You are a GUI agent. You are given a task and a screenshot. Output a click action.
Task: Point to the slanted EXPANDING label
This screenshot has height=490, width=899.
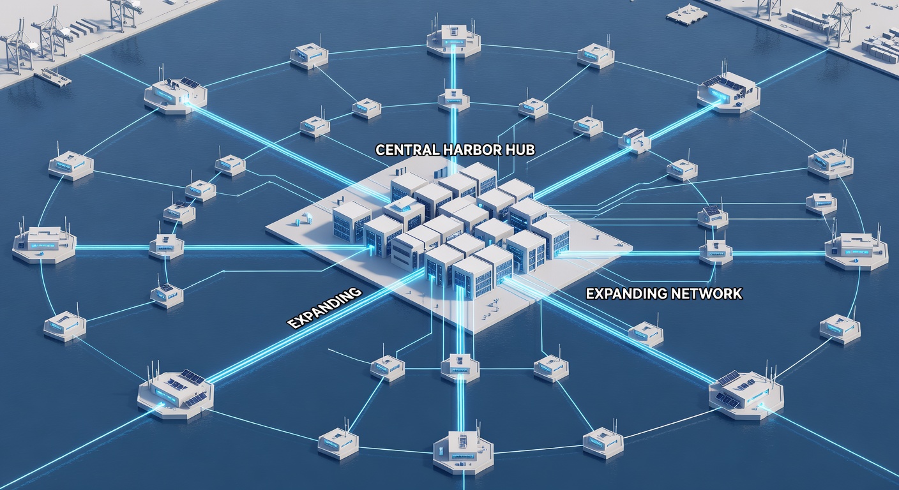tap(325, 308)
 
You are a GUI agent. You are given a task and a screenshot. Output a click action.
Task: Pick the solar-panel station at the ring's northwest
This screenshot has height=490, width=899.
tap(176, 97)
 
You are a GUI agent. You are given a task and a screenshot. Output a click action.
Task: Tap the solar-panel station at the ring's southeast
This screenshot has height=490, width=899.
tap(746, 396)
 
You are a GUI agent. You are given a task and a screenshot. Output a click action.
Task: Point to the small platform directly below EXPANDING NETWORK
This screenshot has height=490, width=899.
tap(646, 334)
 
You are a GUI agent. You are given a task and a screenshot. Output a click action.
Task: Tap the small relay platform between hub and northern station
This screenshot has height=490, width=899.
tap(453, 100)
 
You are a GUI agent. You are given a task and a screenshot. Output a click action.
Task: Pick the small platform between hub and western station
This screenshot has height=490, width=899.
tap(166, 247)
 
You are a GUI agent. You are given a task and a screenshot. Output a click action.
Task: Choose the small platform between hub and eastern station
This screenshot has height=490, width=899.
tap(716, 252)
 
